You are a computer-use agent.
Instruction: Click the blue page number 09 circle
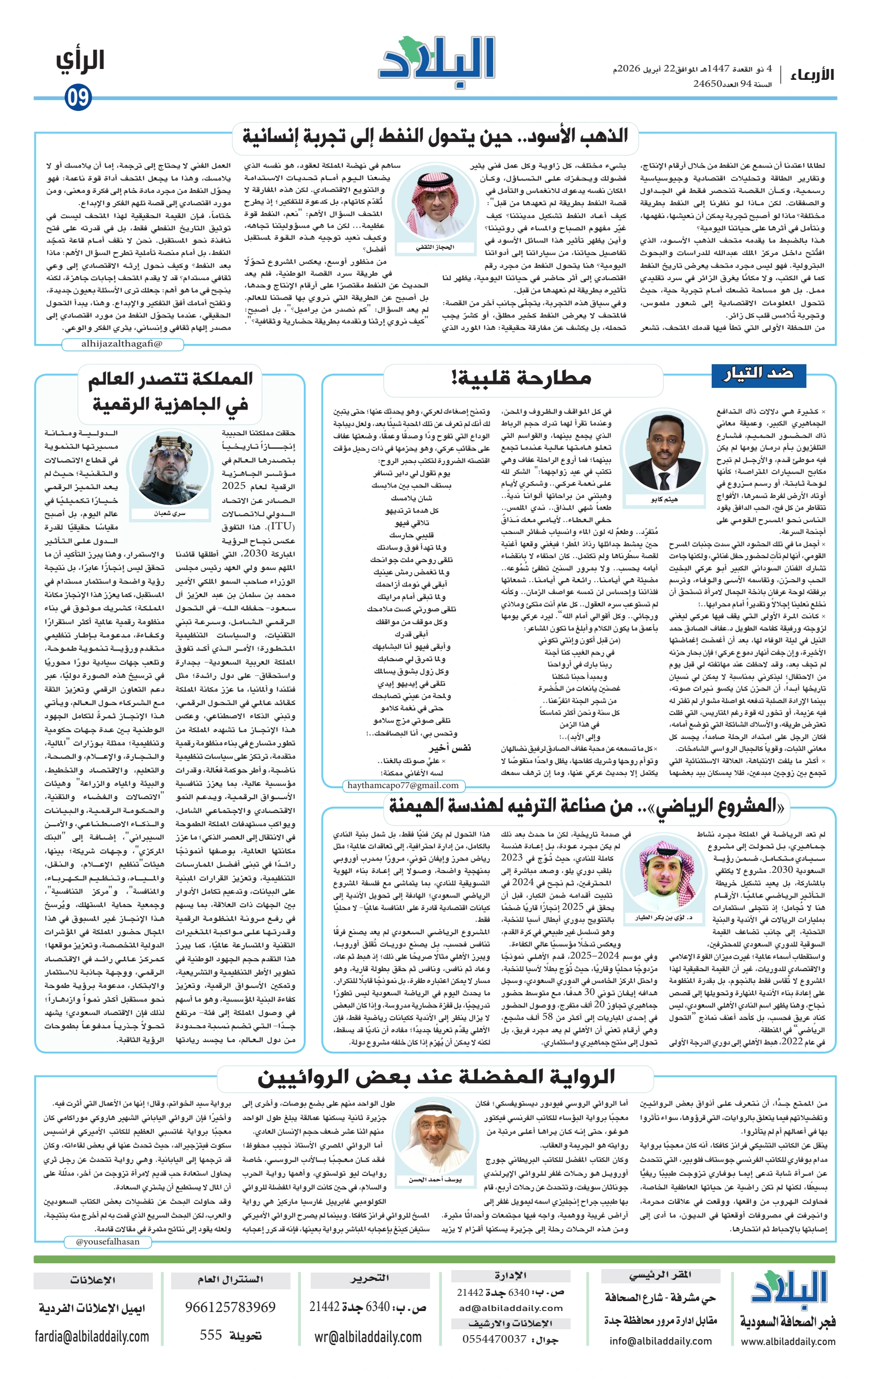point(78,98)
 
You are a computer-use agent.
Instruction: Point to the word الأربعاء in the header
point(812,74)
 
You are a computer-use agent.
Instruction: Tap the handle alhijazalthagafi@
point(122,344)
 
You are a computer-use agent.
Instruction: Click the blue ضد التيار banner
point(759,374)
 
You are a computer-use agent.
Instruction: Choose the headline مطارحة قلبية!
point(521,378)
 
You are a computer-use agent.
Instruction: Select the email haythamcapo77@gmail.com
point(403,785)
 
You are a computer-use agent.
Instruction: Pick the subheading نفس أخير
point(450,747)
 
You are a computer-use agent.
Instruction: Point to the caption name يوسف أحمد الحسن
point(435,1179)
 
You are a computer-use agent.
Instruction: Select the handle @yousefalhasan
point(108,1242)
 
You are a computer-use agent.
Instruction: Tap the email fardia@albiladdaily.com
point(92,1337)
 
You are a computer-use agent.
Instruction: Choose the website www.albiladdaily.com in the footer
point(788,1341)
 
